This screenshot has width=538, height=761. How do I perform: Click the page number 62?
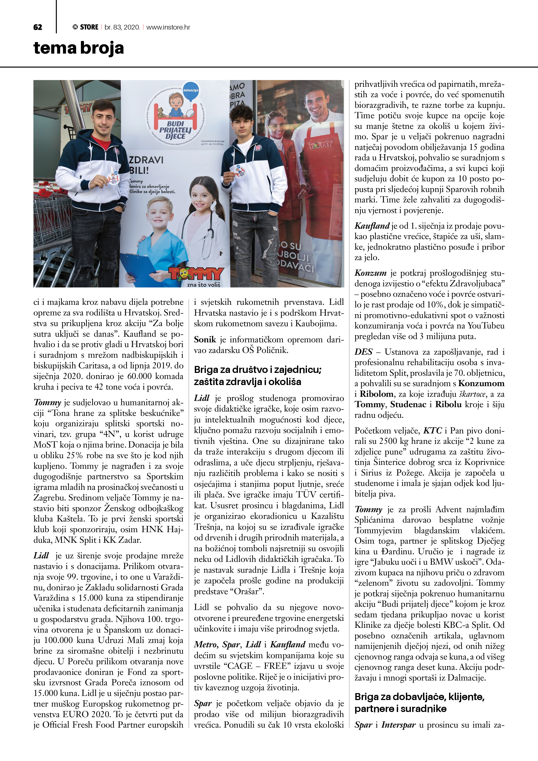[38, 27]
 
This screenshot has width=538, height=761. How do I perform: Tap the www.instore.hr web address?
[168, 27]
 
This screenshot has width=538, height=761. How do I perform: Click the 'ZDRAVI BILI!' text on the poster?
[146, 165]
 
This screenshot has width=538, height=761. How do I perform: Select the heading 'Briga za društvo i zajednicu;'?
[258, 370]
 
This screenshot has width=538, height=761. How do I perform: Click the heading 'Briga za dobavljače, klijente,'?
[419, 697]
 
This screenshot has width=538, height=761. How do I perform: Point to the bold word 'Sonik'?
[205, 339]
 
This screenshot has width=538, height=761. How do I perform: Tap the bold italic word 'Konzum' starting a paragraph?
[370, 273]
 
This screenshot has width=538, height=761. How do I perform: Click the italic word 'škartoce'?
[471, 394]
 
